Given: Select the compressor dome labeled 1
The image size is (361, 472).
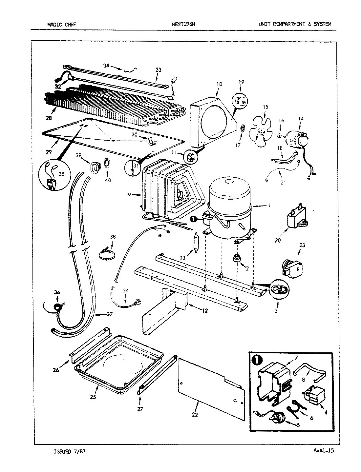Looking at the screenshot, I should pos(230,193).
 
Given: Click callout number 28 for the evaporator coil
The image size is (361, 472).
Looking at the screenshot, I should pos(49,118).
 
